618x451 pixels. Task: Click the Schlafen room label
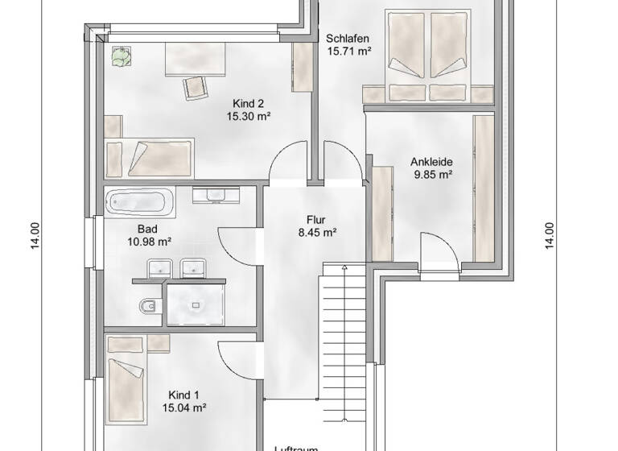(x=348, y=38)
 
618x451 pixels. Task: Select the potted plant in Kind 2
(x=121, y=56)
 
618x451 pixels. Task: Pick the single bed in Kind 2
(x=150, y=155)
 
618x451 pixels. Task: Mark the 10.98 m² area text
(x=148, y=241)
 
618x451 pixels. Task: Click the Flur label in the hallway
(x=315, y=219)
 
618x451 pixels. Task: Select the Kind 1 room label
(x=183, y=395)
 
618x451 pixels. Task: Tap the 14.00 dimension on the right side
(x=550, y=236)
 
